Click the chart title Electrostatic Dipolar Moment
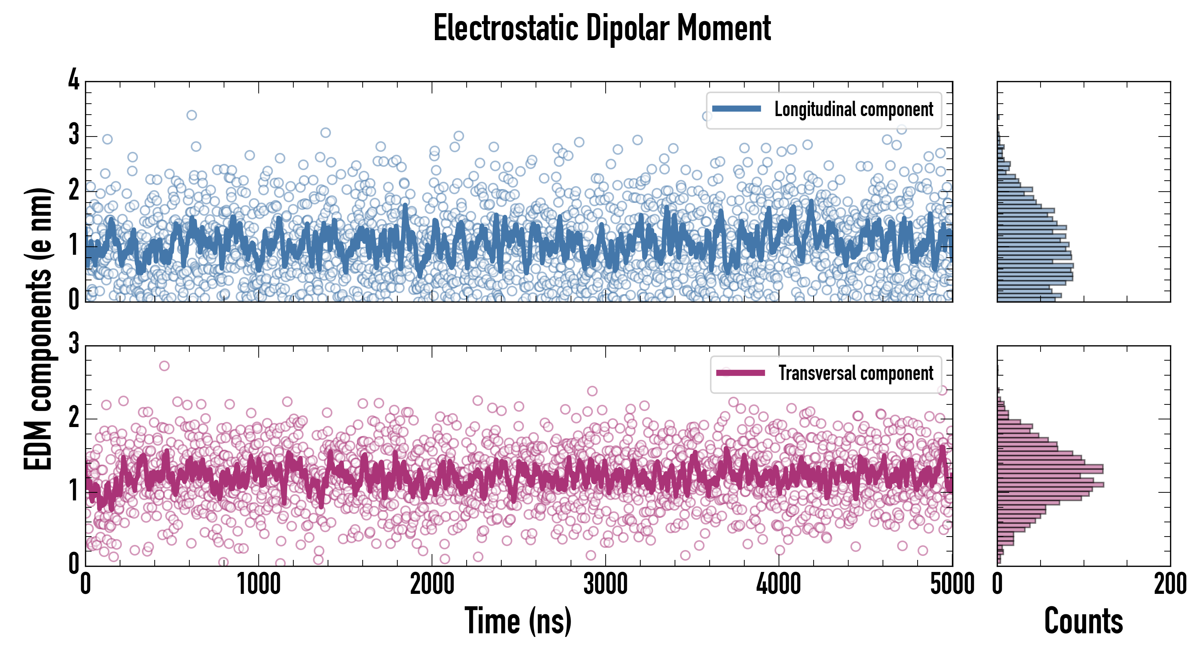point(602,28)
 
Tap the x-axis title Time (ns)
point(518,621)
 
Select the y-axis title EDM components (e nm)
point(38,329)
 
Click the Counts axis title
point(1083,621)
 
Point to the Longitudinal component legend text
point(853,109)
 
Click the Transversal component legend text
point(855,373)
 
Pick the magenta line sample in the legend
point(740,373)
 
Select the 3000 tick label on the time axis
point(605,584)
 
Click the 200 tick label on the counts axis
point(1170,584)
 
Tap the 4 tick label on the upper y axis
point(74,80)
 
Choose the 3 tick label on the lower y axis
point(74,344)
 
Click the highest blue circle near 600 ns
point(192,115)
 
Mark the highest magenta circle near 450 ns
point(164,366)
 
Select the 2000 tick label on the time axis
point(432,584)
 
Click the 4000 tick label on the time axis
point(779,584)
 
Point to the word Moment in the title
point(724,28)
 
